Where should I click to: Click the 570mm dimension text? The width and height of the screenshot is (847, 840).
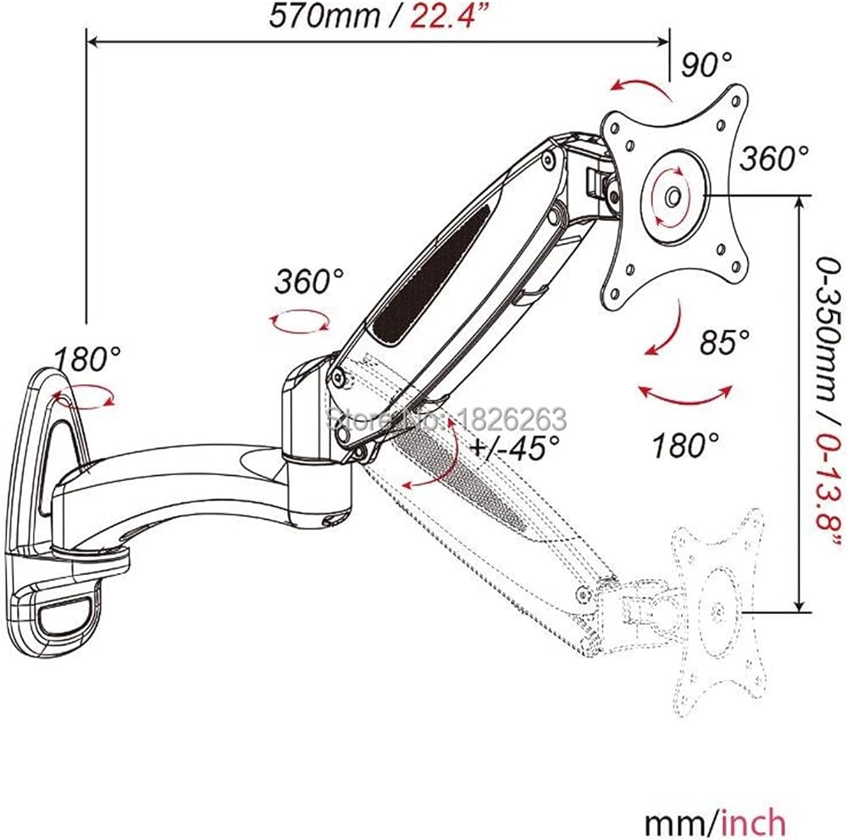point(324,16)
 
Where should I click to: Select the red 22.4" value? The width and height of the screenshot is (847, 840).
point(442,15)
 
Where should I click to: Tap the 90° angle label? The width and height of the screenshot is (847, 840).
point(706,65)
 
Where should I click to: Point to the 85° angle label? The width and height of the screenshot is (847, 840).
point(724,342)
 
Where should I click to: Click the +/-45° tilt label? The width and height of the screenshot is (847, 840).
point(515,447)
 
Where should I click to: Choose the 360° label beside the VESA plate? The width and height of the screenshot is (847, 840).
point(773,158)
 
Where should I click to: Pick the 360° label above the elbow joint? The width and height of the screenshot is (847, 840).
point(308,281)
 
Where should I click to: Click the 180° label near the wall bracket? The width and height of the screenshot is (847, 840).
point(87,358)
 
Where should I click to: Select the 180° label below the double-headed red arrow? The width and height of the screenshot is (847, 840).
point(685,445)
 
